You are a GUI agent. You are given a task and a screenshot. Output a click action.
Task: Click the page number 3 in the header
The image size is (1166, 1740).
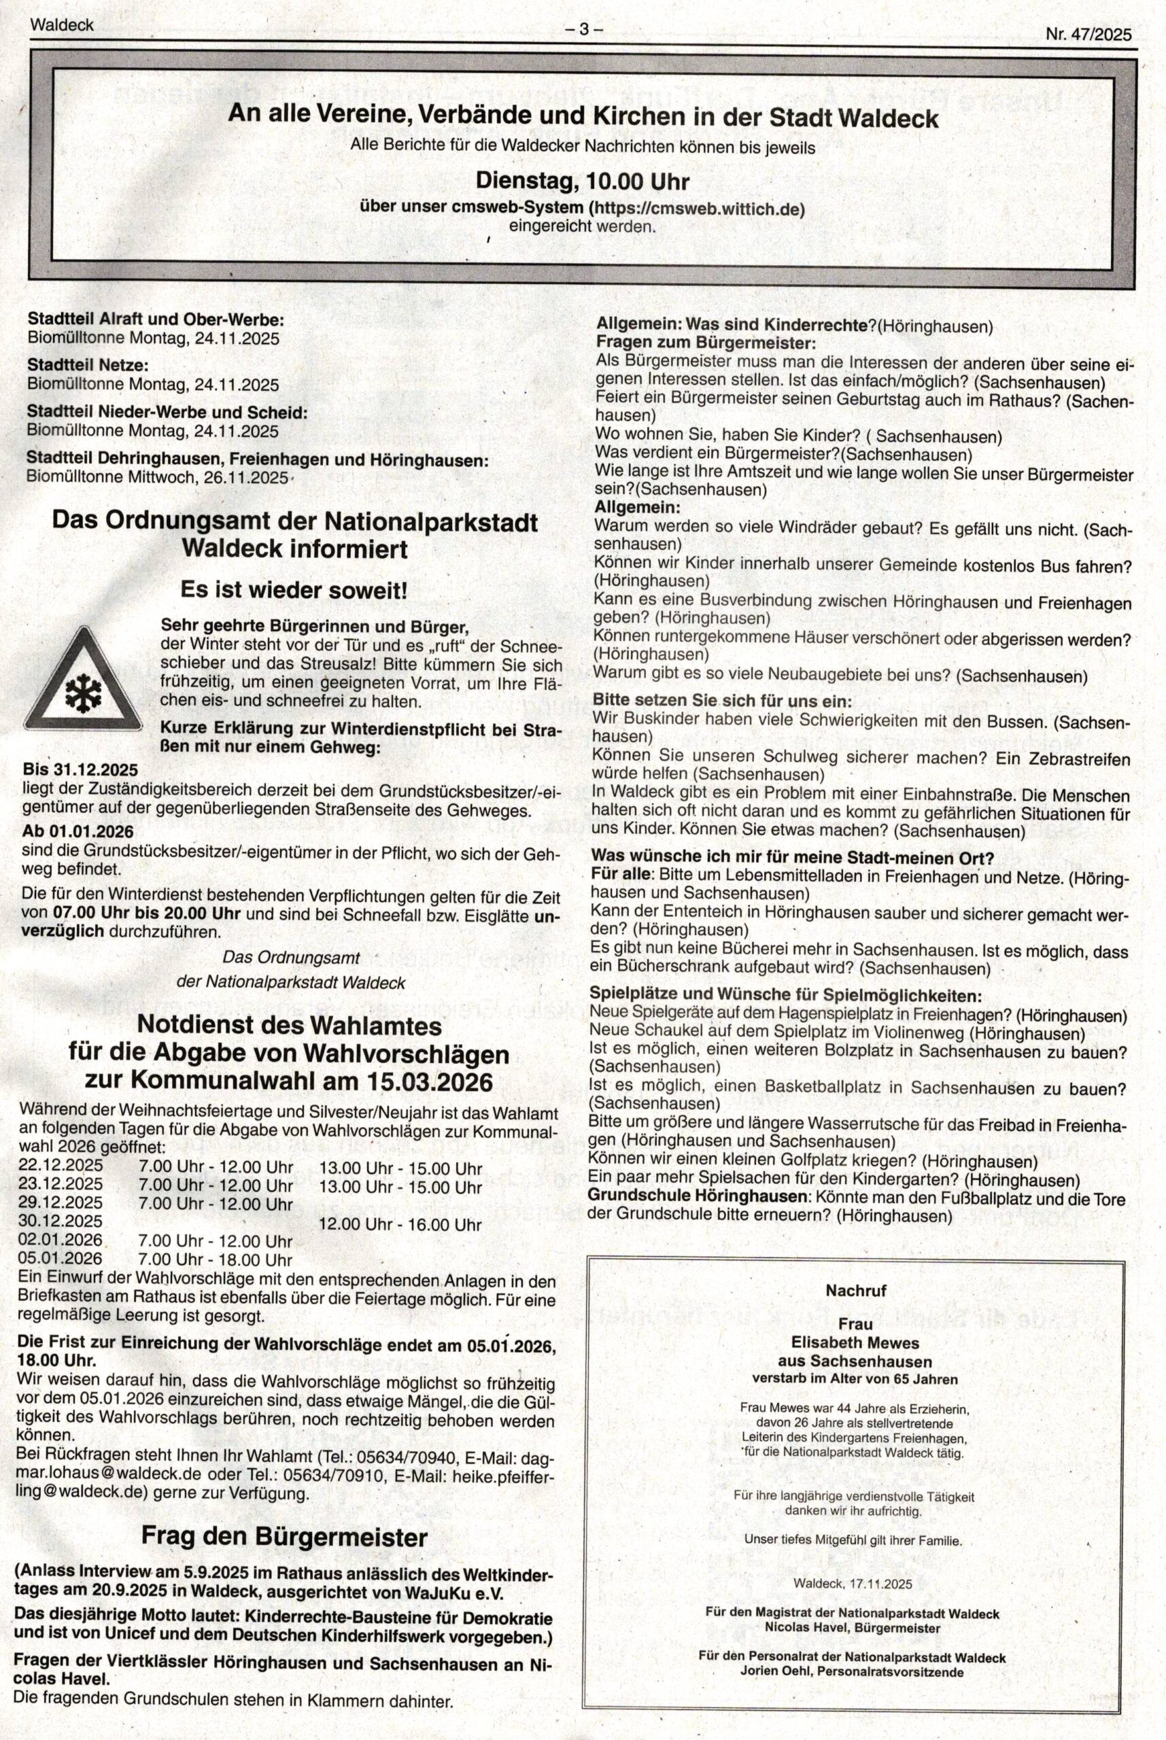584,29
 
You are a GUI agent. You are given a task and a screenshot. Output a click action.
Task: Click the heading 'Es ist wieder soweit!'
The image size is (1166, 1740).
294,591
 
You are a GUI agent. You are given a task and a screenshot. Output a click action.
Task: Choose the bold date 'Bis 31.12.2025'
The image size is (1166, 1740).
82,769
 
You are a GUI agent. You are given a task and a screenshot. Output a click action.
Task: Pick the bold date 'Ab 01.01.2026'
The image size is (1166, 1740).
80,831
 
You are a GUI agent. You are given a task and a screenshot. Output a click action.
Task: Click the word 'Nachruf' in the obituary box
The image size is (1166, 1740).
855,1290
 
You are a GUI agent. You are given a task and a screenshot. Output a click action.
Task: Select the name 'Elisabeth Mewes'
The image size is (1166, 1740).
855,1343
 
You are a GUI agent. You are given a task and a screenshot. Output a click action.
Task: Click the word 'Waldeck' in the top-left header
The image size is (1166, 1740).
63,24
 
